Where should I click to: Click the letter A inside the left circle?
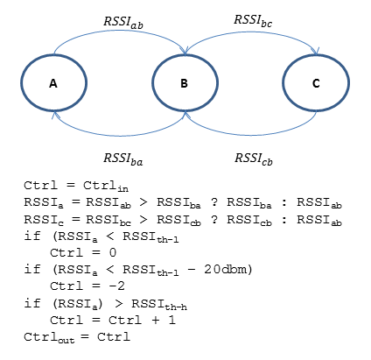(x=53, y=83)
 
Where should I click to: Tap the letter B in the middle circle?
(x=184, y=83)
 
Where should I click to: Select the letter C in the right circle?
(x=316, y=83)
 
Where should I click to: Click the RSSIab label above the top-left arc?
(x=123, y=23)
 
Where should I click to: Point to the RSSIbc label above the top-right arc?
(x=253, y=21)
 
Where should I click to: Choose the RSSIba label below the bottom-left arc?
(x=123, y=159)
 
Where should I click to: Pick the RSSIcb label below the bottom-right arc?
(x=254, y=159)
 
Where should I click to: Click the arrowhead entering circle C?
(x=316, y=51)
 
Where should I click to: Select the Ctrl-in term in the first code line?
(x=106, y=187)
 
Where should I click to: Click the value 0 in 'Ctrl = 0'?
(x=113, y=252)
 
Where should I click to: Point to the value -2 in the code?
(x=116, y=286)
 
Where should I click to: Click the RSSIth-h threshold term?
(x=159, y=305)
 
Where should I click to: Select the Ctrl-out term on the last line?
(x=49, y=337)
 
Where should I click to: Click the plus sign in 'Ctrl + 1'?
(x=156, y=321)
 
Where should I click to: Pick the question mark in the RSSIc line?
(x=214, y=219)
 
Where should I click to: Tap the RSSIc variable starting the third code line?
(x=44, y=220)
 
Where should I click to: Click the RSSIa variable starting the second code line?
(x=44, y=203)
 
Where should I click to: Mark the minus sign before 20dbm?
(x=192, y=269)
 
